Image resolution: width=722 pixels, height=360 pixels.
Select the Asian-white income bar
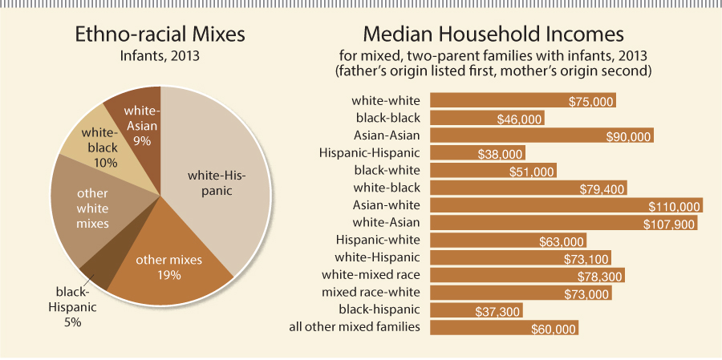pyautogui.click(x=566, y=205)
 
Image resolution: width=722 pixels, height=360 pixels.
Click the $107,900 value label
pyautogui.click(x=669, y=224)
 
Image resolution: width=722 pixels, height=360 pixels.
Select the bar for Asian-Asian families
pyautogui.click(x=541, y=136)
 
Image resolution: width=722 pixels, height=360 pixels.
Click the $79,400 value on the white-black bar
pyautogui.click(x=602, y=188)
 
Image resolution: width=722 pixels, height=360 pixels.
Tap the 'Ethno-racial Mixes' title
pyautogui.click(x=160, y=35)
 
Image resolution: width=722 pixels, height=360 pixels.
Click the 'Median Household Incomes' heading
pyautogui.click(x=493, y=35)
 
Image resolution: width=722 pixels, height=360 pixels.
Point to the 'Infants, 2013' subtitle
pyautogui.click(x=160, y=57)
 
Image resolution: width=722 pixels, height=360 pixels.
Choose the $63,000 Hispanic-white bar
pyautogui.click(x=508, y=241)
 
